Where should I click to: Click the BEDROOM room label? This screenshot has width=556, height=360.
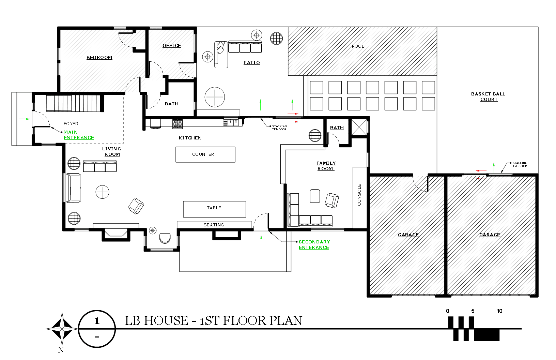point(99,58)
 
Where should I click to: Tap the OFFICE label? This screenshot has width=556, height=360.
point(172,45)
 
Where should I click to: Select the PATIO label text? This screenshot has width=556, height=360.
point(252,63)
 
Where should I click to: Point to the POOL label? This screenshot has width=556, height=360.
point(358,46)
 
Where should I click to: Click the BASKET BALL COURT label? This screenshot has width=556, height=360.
point(489,96)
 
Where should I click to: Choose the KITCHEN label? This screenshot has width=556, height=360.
point(190,138)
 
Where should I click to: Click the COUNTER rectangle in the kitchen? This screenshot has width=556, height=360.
point(205,154)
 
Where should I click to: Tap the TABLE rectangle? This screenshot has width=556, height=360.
point(214,209)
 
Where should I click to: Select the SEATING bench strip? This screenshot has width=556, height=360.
point(214,225)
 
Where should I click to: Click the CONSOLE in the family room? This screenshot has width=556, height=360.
point(359,197)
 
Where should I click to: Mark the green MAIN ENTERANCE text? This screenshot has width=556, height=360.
point(78,135)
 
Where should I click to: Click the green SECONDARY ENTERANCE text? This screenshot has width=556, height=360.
point(314,245)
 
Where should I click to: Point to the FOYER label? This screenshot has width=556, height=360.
point(71,124)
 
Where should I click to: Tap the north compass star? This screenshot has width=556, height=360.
point(62,329)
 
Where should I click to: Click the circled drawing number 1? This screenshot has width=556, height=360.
point(97,321)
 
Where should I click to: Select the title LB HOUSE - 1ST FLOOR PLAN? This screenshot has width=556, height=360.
point(214,321)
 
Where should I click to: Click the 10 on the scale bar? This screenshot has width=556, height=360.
point(499,311)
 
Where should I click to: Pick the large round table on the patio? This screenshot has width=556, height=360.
point(215,97)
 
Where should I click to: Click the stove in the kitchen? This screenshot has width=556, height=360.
point(177,124)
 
